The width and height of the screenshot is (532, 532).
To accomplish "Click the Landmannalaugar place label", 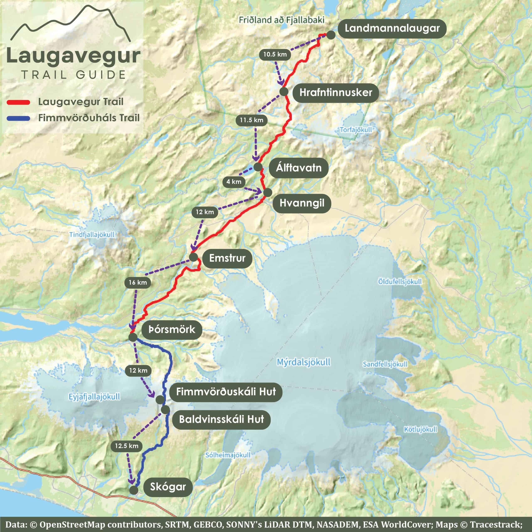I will click(x=392, y=28).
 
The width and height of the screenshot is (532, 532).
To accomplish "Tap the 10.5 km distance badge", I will click(x=275, y=54).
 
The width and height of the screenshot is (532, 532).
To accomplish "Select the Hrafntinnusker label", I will click(x=336, y=92).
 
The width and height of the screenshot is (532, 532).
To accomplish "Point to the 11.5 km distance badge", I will click(x=251, y=120).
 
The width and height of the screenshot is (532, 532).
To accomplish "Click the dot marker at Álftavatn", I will click(x=258, y=167).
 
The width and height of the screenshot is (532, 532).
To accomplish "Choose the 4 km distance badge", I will click(x=234, y=182).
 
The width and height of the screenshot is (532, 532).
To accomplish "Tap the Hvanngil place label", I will click(x=302, y=203).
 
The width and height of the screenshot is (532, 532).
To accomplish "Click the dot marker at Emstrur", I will click(x=193, y=257).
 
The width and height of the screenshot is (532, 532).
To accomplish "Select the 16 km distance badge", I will click(x=138, y=283).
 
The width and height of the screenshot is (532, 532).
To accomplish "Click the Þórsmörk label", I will click(x=172, y=329).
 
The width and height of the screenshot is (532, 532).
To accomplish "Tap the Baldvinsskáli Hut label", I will click(x=221, y=419).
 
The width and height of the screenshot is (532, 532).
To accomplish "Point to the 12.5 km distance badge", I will click(x=127, y=446).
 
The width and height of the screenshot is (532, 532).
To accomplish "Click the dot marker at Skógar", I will click(x=134, y=490).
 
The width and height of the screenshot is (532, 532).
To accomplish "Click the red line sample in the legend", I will click(x=18, y=102).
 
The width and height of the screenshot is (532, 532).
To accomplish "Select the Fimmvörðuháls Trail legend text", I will click(x=89, y=118).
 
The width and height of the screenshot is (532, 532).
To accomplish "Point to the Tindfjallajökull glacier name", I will click(x=92, y=235).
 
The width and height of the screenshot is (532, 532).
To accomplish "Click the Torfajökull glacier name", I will click(x=356, y=130).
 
